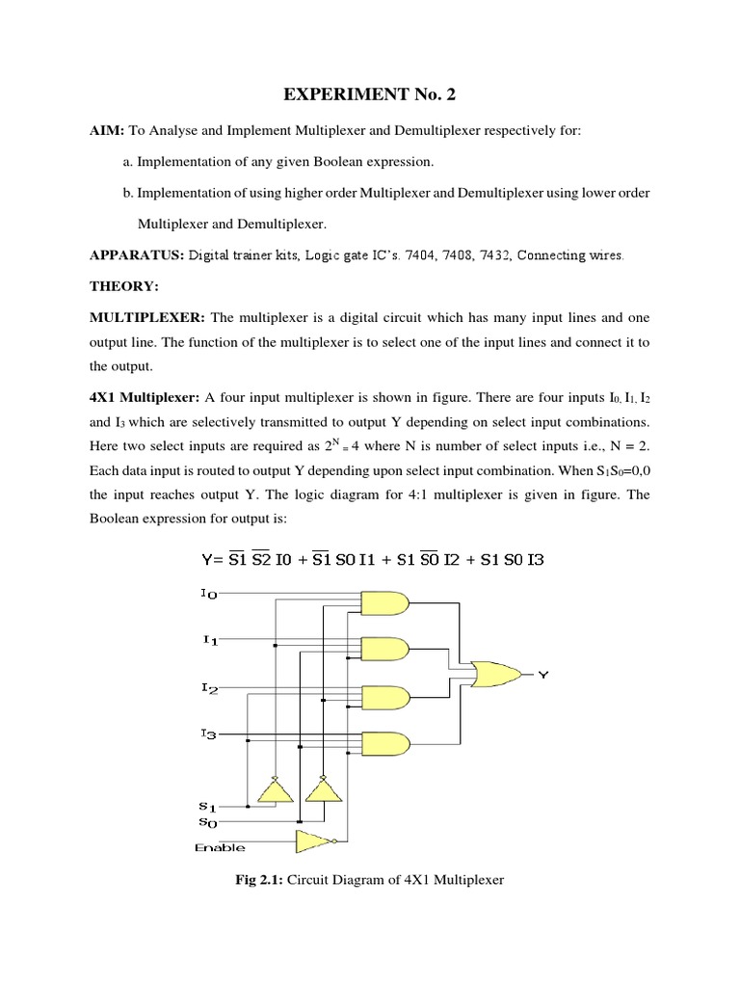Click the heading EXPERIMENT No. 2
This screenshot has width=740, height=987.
369,95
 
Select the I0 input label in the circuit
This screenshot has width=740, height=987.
208,595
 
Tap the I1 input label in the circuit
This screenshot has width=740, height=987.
208,641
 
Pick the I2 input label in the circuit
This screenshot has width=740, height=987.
208,687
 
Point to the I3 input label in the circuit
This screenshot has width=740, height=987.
208,734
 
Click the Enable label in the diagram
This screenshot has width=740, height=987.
220,848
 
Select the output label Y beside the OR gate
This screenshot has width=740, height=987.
542,676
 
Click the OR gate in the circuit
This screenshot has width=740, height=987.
491,675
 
